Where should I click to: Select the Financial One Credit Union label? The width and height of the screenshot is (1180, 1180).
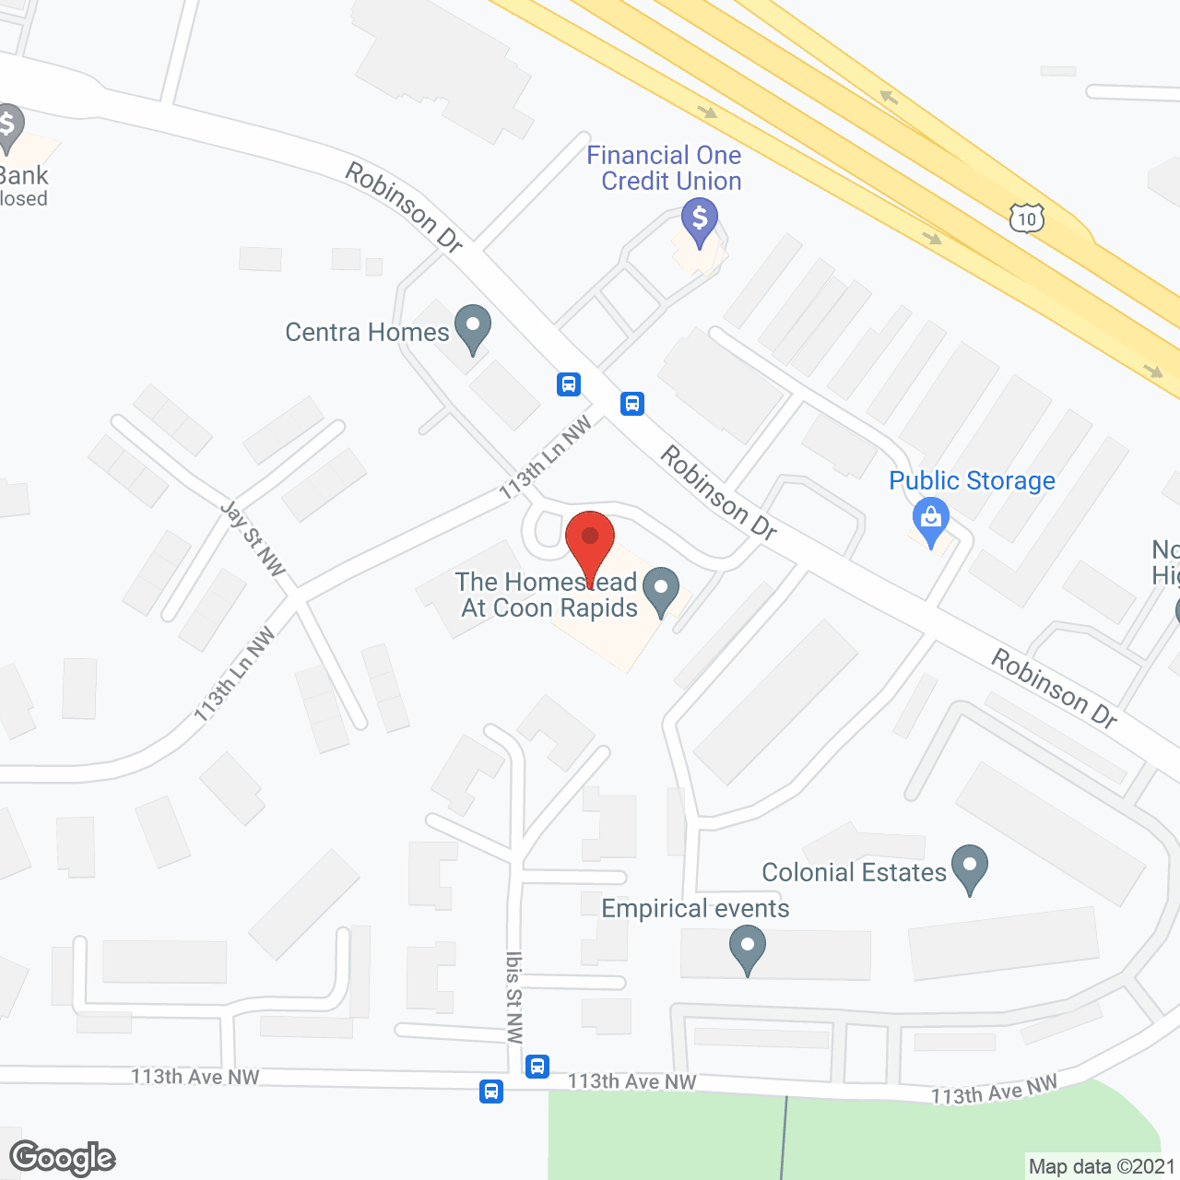click(665, 168)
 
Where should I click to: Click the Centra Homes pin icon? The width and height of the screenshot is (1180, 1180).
click(473, 327)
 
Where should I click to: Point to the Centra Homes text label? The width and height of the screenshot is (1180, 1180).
click(367, 332)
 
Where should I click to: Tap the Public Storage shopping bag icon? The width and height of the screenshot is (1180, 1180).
click(931, 520)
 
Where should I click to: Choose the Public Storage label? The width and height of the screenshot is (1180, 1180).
click(972, 480)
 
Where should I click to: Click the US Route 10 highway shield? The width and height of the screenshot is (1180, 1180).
click(1027, 218)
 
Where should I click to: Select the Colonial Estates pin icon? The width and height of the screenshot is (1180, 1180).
click(969, 867)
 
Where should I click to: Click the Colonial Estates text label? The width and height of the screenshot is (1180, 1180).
click(854, 872)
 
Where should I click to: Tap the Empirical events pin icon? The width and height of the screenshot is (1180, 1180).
click(748, 949)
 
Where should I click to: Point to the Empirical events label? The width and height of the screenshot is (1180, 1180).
click(695, 908)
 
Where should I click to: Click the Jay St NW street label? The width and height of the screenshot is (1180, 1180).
click(253, 538)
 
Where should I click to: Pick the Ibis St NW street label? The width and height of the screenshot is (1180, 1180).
click(514, 997)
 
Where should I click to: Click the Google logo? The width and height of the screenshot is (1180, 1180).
click(63, 1158)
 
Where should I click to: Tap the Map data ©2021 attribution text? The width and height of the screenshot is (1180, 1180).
click(1102, 1167)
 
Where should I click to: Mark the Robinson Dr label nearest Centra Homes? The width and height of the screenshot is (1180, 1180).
click(404, 206)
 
